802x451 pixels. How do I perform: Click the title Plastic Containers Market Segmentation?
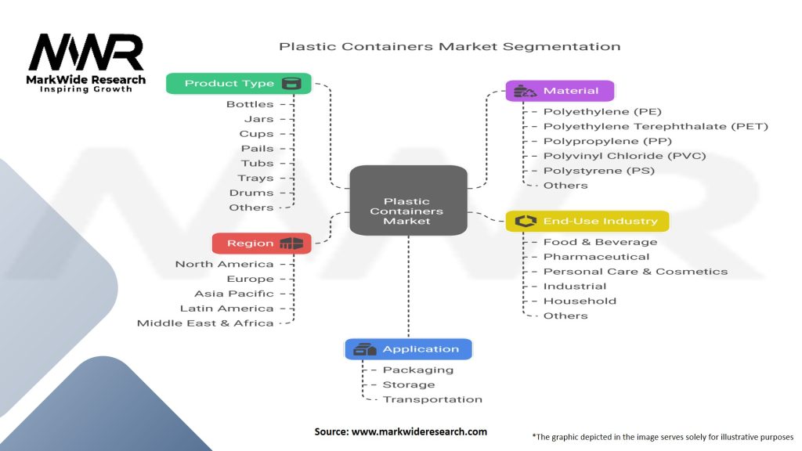click(x=450, y=47)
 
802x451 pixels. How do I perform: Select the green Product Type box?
click(x=238, y=84)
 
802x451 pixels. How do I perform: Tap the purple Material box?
click(x=559, y=91)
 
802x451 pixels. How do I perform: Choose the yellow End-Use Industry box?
click(x=587, y=222)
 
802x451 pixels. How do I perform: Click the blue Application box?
click(x=408, y=349)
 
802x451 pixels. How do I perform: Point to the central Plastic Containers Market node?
click(x=407, y=211)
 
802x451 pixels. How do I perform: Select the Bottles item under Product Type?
click(x=250, y=104)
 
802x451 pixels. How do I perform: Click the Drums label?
click(x=251, y=193)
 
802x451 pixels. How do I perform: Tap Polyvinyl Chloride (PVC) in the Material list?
click(x=624, y=156)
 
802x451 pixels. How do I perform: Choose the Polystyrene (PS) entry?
click(x=598, y=171)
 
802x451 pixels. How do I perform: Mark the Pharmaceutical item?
click(x=596, y=257)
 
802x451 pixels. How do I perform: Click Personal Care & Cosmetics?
click(x=635, y=272)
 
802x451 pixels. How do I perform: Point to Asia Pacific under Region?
click(x=234, y=294)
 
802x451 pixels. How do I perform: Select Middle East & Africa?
click(x=205, y=323)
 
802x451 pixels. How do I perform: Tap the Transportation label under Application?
click(x=432, y=399)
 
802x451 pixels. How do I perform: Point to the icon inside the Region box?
click(x=291, y=244)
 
